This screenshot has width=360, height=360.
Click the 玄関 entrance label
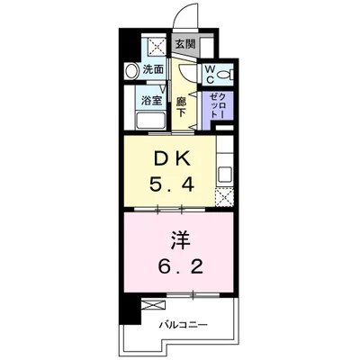pos(184,43)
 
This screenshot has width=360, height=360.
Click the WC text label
pos(208,74)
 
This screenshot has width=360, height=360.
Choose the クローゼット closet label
pos(216,107)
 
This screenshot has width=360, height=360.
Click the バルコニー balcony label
pos(184,323)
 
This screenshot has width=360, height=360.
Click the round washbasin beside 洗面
pos(130,69)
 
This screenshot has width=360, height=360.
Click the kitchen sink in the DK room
pos(225,170)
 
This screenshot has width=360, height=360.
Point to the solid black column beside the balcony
pos(130,315)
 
